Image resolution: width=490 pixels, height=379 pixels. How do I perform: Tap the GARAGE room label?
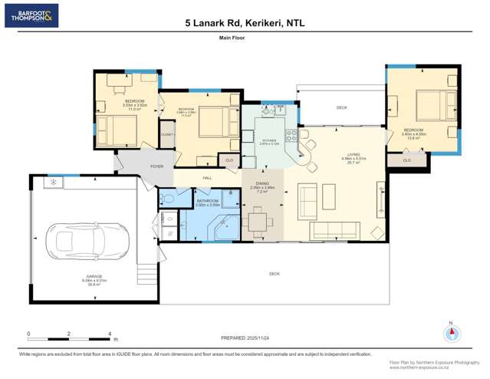click(x=94, y=278)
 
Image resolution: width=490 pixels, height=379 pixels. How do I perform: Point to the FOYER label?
click(x=156, y=166)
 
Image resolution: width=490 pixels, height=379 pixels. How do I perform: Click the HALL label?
click(x=207, y=178)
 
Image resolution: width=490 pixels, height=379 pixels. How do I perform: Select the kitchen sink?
click(x=271, y=112)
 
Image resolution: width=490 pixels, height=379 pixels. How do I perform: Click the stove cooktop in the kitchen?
click(x=291, y=137)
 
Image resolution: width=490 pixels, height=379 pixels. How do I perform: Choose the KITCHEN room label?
click(x=269, y=141)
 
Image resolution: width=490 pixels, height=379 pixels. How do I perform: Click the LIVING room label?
click(x=353, y=156)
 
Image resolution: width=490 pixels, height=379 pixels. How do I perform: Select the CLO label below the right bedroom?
click(x=406, y=160)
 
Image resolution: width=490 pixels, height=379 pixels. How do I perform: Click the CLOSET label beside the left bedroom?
click(x=166, y=134)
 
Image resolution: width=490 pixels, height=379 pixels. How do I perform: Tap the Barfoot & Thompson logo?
click(x=31, y=15)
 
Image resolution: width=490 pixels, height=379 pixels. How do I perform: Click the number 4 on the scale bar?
click(x=110, y=334)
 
